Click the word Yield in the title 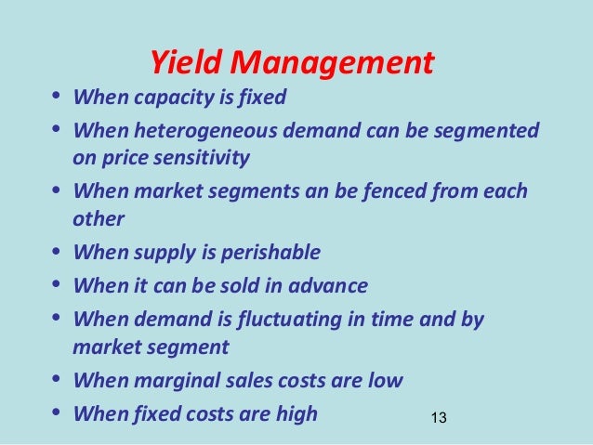point(186,63)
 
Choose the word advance point(333,285)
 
